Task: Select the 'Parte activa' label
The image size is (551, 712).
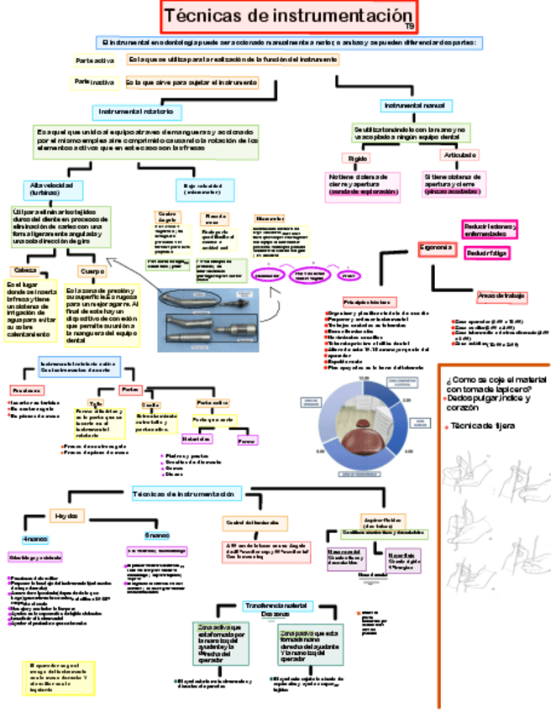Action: [x=95, y=61]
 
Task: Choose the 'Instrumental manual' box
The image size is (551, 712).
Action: [x=414, y=106]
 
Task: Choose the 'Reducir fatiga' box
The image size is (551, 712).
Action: [x=487, y=253]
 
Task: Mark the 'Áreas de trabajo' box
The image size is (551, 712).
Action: [x=501, y=296]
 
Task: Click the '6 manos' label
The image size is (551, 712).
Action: [x=156, y=535]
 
